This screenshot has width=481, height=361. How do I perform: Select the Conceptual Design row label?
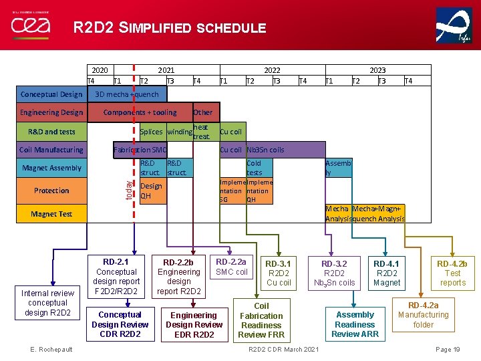(x=51, y=94)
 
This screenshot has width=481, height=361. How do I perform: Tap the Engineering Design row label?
(x=51, y=112)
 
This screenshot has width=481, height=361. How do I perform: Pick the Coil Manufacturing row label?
(x=51, y=150)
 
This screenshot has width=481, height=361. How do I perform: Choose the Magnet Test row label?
(x=51, y=214)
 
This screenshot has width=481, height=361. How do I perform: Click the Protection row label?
(x=51, y=191)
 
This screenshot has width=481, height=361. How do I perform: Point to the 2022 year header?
(x=272, y=70)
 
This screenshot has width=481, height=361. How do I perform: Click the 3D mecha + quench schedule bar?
(x=127, y=94)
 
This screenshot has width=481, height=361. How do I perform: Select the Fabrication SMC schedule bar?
(x=140, y=150)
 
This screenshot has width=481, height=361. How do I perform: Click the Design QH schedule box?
(x=151, y=191)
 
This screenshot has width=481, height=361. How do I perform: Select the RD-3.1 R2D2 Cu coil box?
(x=279, y=273)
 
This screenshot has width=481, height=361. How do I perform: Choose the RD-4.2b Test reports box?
(x=452, y=273)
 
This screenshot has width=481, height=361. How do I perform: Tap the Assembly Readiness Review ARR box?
(x=355, y=324)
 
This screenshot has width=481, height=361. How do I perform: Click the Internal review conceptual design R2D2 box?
(x=48, y=303)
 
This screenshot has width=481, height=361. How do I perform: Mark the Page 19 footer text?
(x=448, y=350)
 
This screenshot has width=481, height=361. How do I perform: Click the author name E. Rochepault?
(x=51, y=350)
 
